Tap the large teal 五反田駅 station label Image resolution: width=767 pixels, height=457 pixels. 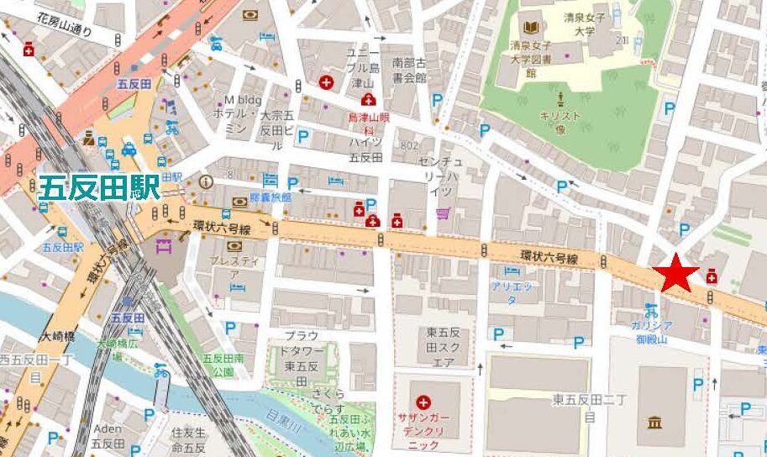click(x=99, y=187)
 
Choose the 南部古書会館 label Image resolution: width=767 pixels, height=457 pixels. click(x=409, y=70)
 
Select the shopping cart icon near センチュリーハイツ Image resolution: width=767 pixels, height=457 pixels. click(x=443, y=214)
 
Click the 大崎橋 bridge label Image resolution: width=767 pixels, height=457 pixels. click(x=57, y=337)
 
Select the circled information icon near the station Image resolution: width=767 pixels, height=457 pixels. click(x=207, y=181)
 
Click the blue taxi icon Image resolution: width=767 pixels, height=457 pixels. click(x=129, y=150)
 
